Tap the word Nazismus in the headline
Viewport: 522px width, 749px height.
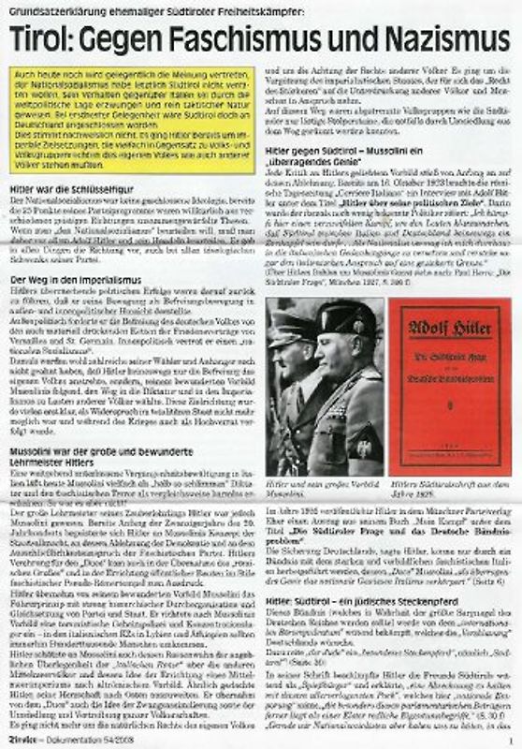pyautogui.click(x=439, y=39)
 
